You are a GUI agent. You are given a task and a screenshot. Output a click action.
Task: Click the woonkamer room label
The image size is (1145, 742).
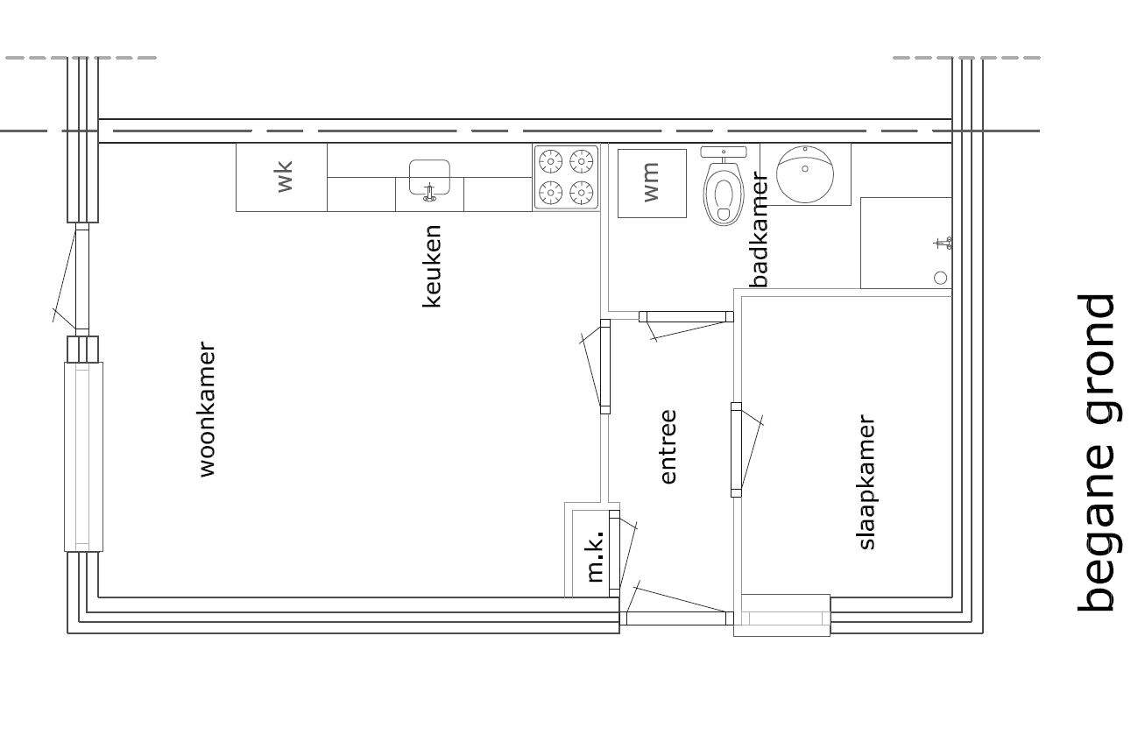coord(208,410)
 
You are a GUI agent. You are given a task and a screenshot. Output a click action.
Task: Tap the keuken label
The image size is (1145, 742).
coord(432,266)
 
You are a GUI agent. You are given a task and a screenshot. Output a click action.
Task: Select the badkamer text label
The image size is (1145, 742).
coord(759,230)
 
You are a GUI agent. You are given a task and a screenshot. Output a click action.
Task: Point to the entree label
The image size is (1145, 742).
coord(668,447)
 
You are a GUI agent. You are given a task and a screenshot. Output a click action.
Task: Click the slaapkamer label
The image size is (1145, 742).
coord(866,482)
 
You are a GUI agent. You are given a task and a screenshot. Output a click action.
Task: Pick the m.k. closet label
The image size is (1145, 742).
coord(596,557)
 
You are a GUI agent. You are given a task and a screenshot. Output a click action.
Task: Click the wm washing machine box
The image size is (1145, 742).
coord(652,183)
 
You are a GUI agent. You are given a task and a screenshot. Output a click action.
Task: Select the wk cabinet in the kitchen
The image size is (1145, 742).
coord(281,177)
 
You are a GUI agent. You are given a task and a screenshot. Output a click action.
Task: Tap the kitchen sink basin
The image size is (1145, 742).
coord(429,177)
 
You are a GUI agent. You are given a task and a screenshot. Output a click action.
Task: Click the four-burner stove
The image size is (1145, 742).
coord(566,177)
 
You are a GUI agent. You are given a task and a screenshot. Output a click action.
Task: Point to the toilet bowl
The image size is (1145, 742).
coord(724,193)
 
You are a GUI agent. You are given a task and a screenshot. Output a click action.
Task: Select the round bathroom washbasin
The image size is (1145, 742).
coord(804,173)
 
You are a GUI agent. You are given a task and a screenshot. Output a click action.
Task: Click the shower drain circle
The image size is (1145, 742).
coord(941,278)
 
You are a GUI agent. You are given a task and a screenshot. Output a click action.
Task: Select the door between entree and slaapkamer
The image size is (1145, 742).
coord(736,449)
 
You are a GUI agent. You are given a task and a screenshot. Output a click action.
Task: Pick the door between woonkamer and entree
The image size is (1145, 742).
coord(604,366)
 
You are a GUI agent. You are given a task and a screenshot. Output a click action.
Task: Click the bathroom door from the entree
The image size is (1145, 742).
coord(686,317)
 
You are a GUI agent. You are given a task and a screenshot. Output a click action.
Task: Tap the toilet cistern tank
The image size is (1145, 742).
coord(724,152)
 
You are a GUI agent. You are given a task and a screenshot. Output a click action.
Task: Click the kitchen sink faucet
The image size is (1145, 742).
coord(429,193)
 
